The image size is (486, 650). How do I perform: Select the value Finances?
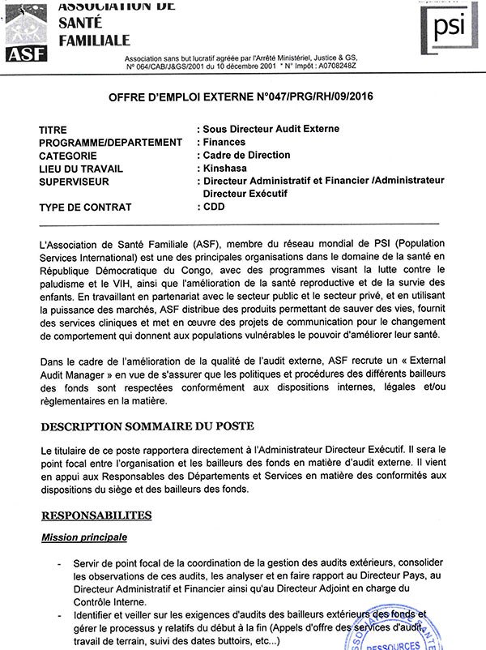pos(224,143)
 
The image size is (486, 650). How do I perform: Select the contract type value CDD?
pos(214,207)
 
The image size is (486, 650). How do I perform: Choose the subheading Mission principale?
pos(86,537)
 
